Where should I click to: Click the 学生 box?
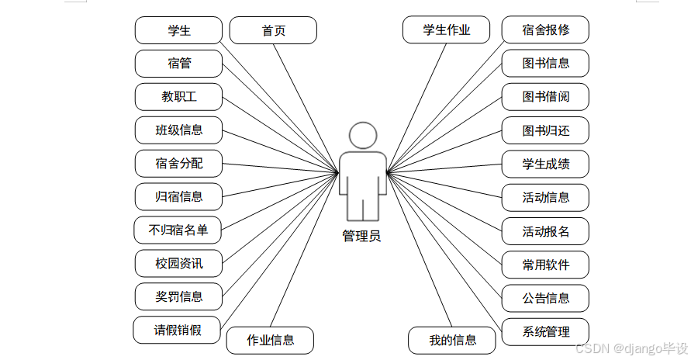[x=178, y=31]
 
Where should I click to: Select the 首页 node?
[x=273, y=31]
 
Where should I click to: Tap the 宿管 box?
[x=178, y=64]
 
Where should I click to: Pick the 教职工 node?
[x=178, y=97]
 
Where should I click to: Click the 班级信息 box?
[x=178, y=130]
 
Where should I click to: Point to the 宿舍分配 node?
[x=178, y=163]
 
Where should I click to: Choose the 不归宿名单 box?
[x=178, y=230]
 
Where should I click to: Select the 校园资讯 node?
[x=178, y=263]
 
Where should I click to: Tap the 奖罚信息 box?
[x=178, y=296]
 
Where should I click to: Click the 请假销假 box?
[x=177, y=330]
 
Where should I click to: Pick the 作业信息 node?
[x=270, y=340]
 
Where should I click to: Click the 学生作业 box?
[x=446, y=30]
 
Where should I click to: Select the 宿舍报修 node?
[x=545, y=30]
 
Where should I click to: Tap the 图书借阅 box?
[x=545, y=97]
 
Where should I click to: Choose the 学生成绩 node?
[x=545, y=164]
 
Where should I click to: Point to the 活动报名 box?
[x=545, y=230]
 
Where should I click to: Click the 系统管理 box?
[x=545, y=332]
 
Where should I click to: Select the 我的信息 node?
[x=452, y=340]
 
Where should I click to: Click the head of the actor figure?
[x=362, y=135]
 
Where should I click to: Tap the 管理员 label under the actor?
[x=362, y=237]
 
